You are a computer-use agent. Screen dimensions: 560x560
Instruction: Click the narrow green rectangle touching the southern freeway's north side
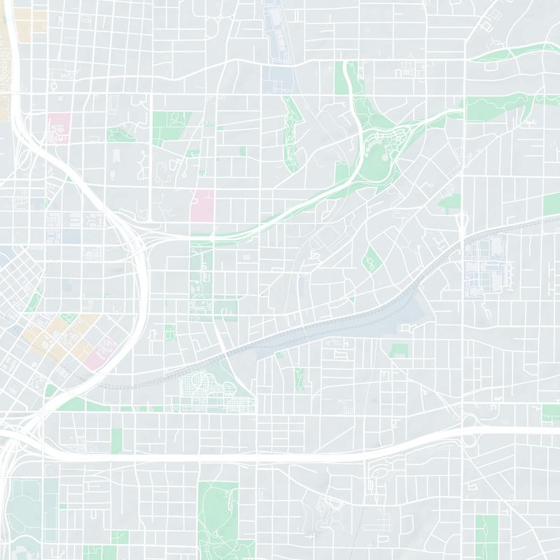coord(116,439)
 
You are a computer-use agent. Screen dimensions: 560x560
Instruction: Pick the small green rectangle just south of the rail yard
coord(398,351)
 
